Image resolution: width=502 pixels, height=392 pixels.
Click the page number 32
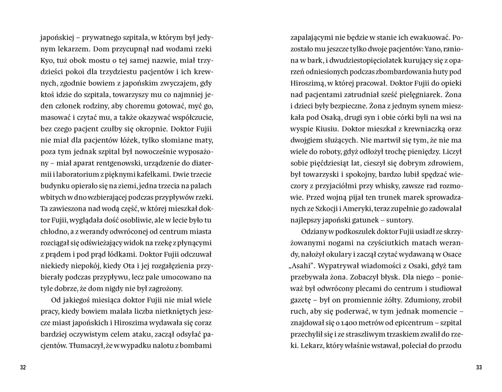23,368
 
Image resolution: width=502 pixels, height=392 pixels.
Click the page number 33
479,368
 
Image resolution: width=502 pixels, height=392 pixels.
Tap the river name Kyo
47,60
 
